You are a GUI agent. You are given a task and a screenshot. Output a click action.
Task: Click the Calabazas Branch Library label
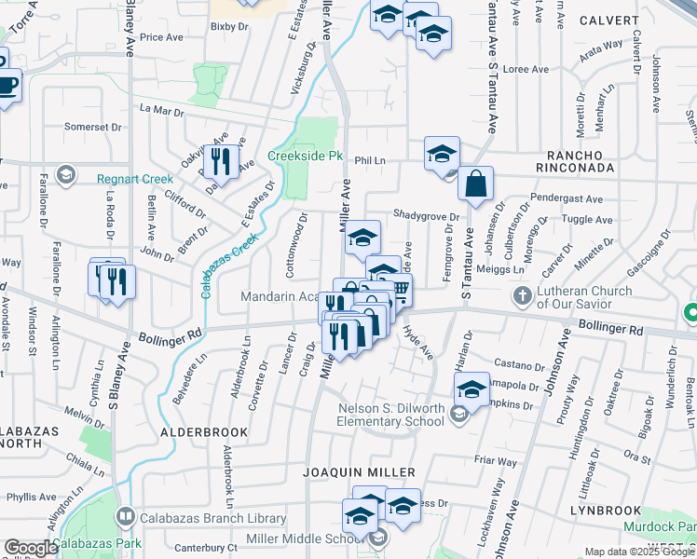(x=212, y=518)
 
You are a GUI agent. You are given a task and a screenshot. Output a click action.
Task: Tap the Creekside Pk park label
(x=307, y=156)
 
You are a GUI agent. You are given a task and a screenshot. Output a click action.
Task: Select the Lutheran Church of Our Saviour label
(x=584, y=297)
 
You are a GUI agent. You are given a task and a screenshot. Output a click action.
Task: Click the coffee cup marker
(x=7, y=85)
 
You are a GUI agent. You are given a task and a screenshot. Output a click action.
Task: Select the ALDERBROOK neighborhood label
(x=204, y=432)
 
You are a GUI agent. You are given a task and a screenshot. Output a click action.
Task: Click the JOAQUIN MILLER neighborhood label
(x=360, y=473)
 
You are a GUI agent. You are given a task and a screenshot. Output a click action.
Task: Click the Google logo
(x=30, y=548)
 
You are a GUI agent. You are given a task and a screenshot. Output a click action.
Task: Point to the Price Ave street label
(x=160, y=37)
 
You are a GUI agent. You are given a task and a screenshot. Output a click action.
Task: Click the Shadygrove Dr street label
(x=427, y=214)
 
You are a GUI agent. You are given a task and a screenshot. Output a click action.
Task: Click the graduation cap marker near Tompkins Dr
(x=471, y=389)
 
